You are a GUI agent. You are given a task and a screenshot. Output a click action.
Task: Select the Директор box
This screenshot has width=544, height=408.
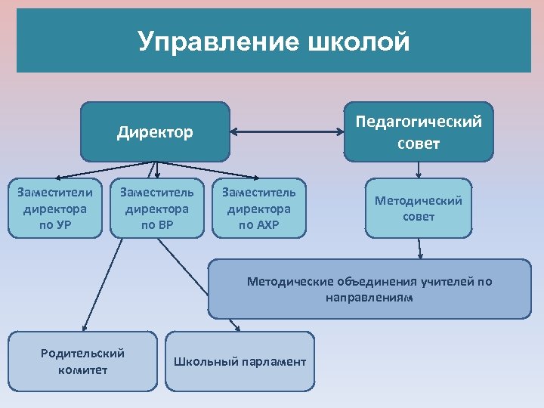coord(155,132)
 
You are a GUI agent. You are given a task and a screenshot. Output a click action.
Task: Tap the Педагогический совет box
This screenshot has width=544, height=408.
coord(418,132)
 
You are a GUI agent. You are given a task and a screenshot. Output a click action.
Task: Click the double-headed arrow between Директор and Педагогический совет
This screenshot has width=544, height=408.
coord(286,132)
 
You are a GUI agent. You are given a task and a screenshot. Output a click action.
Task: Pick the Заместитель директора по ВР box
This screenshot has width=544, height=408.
coord(157,208)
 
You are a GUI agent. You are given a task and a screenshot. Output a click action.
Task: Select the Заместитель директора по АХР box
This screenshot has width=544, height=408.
coord(259,208)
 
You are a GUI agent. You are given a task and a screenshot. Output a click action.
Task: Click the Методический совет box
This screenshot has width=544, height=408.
coord(418,207)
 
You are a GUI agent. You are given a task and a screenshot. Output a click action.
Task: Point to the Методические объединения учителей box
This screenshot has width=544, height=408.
coord(369,289)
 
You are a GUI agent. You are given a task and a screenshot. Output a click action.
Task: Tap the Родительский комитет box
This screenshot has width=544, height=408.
coord(82,361)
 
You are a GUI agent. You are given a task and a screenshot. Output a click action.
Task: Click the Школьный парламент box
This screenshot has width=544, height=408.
coord(240,362)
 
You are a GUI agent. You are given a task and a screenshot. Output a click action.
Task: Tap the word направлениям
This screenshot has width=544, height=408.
coord(369,298)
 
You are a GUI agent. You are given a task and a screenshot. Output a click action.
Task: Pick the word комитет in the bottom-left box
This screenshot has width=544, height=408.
coord(82,369)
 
